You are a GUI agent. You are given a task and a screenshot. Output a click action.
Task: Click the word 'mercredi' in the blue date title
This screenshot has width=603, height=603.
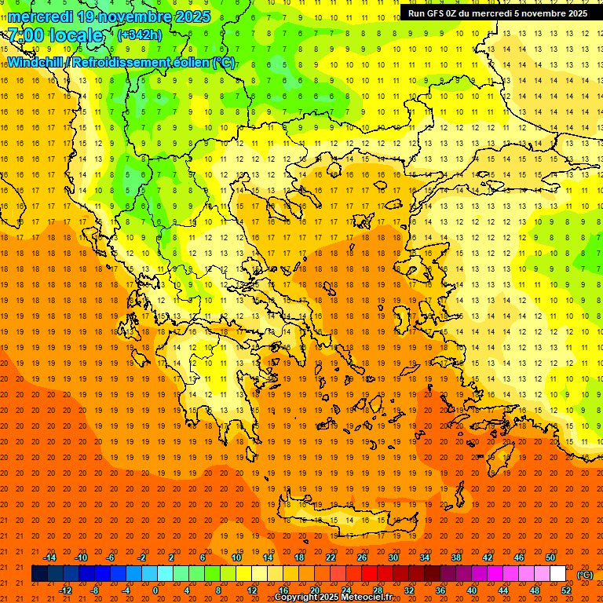[x=42, y=16]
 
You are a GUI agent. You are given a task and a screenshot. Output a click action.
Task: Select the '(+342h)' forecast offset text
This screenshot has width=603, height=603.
[x=140, y=35]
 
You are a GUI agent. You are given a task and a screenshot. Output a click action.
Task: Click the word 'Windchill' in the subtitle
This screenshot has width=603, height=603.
[x=36, y=62]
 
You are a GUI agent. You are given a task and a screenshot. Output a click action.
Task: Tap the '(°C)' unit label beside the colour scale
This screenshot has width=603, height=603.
[x=585, y=575]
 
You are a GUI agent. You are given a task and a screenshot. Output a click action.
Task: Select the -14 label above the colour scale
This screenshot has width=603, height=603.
[x=49, y=557]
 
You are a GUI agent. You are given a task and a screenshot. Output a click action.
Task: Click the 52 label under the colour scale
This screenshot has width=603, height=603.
[x=566, y=590]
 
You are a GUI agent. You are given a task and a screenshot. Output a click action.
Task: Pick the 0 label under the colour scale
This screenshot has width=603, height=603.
[x=155, y=590]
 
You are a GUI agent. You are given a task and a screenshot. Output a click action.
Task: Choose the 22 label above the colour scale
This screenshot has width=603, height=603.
[x=331, y=557]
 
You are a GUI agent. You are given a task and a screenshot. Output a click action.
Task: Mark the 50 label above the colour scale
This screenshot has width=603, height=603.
[x=550, y=557]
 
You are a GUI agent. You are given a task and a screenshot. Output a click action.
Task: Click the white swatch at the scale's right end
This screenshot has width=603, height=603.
[x=557, y=574]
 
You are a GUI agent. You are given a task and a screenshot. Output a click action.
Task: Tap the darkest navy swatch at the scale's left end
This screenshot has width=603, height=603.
[x=39, y=574]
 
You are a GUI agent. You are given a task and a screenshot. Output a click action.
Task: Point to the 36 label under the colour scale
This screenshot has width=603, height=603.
[x=440, y=590]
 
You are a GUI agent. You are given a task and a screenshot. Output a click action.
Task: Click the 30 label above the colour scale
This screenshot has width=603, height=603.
[x=393, y=557]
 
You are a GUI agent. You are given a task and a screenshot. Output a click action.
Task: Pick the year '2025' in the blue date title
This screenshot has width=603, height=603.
[x=189, y=16]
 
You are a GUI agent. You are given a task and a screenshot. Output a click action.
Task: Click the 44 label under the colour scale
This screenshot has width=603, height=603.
[x=503, y=590]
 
